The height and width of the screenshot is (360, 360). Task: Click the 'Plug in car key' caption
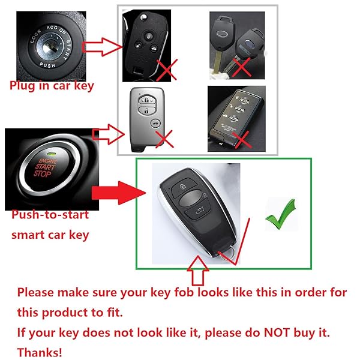52,86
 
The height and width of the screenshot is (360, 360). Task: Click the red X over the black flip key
166,70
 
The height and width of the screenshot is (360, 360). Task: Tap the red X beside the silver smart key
164,140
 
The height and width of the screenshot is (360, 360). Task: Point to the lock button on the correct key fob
183,187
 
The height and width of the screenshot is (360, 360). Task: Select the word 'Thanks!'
39,352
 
